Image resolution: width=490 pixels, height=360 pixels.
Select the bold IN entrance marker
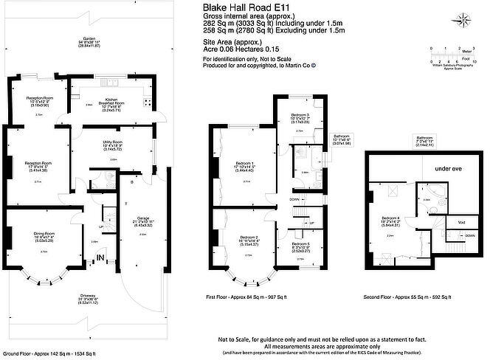pos(100,257)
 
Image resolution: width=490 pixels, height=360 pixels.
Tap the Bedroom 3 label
pos(300,116)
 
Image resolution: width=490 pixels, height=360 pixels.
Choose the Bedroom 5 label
pos(300,244)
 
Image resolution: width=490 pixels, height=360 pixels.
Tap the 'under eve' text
pos(447,169)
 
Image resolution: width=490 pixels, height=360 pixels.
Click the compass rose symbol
pos(463,21)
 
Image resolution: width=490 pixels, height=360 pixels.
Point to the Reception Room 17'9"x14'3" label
pos(38,163)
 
